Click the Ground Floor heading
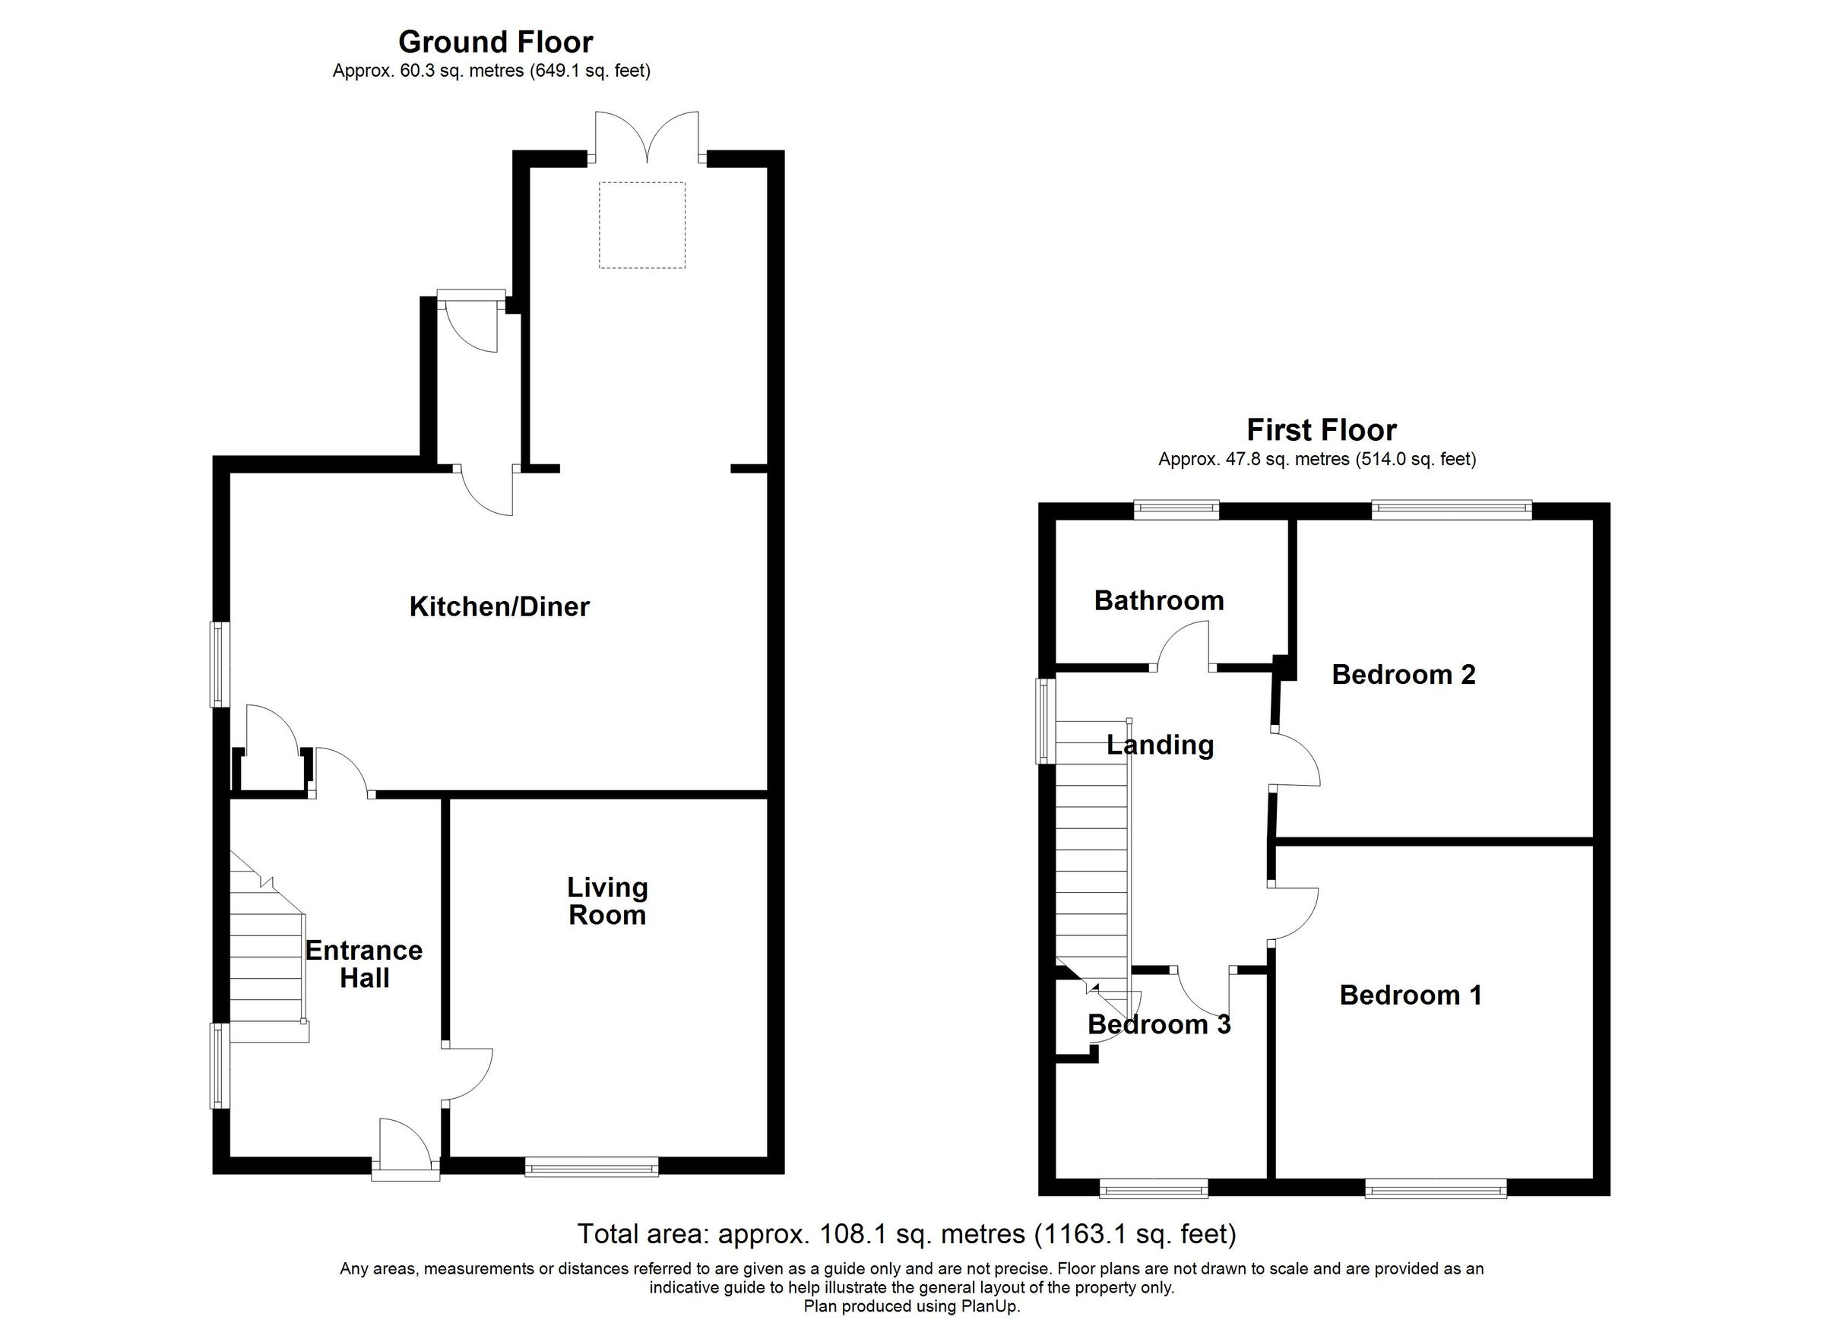[x=496, y=42]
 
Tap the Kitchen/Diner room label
[x=499, y=607]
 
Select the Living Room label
[x=607, y=901]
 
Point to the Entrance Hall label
[x=363, y=964]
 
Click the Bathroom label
[x=1159, y=600]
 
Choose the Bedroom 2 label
[x=1404, y=675]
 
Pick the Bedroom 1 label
[x=1411, y=995]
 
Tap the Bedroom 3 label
[x=1159, y=1024]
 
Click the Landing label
[x=1160, y=745]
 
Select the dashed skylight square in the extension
[x=641, y=225]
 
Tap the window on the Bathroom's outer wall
[x=1176, y=509]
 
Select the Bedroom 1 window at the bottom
[x=1436, y=1188]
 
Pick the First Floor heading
[x=1322, y=430]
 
